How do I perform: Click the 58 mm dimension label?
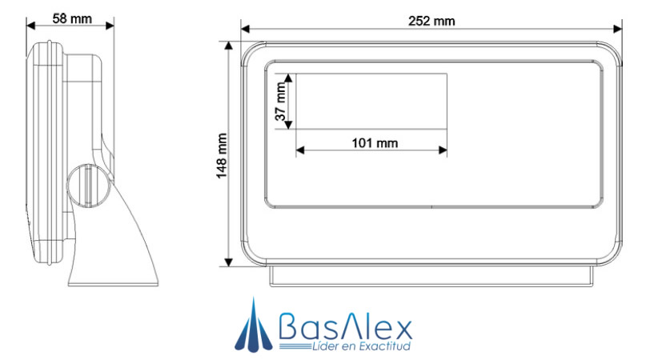[x=70, y=17]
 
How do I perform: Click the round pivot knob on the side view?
[x=83, y=183]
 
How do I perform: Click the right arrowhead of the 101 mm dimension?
[x=442, y=150]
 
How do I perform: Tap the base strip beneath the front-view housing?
[x=432, y=276]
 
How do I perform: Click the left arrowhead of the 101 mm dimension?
[x=301, y=150]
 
